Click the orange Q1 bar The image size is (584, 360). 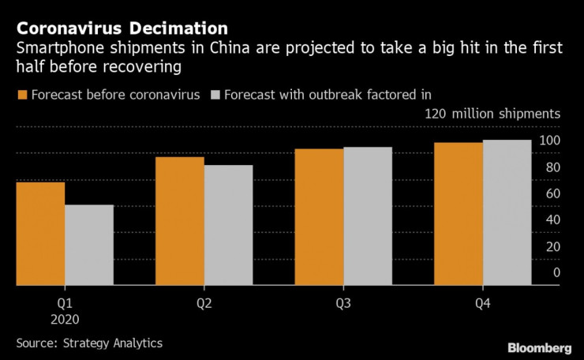(x=40, y=234)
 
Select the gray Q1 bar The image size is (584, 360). (x=89, y=245)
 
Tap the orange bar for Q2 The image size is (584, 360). (x=179, y=221)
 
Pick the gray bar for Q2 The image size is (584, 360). (x=228, y=225)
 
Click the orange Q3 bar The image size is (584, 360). (x=319, y=217)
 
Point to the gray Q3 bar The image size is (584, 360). (x=368, y=216)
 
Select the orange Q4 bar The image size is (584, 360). (x=459, y=214)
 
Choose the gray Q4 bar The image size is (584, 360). (x=507, y=212)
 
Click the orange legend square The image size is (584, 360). (x=22, y=95)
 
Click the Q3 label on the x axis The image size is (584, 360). (x=343, y=303)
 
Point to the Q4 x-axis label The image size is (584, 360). (x=482, y=303)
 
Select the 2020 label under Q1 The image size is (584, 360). (x=65, y=320)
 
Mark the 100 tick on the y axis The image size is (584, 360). (x=549, y=141)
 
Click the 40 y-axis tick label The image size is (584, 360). (x=552, y=219)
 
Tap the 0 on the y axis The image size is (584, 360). (x=556, y=272)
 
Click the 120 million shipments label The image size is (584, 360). (x=492, y=114)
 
